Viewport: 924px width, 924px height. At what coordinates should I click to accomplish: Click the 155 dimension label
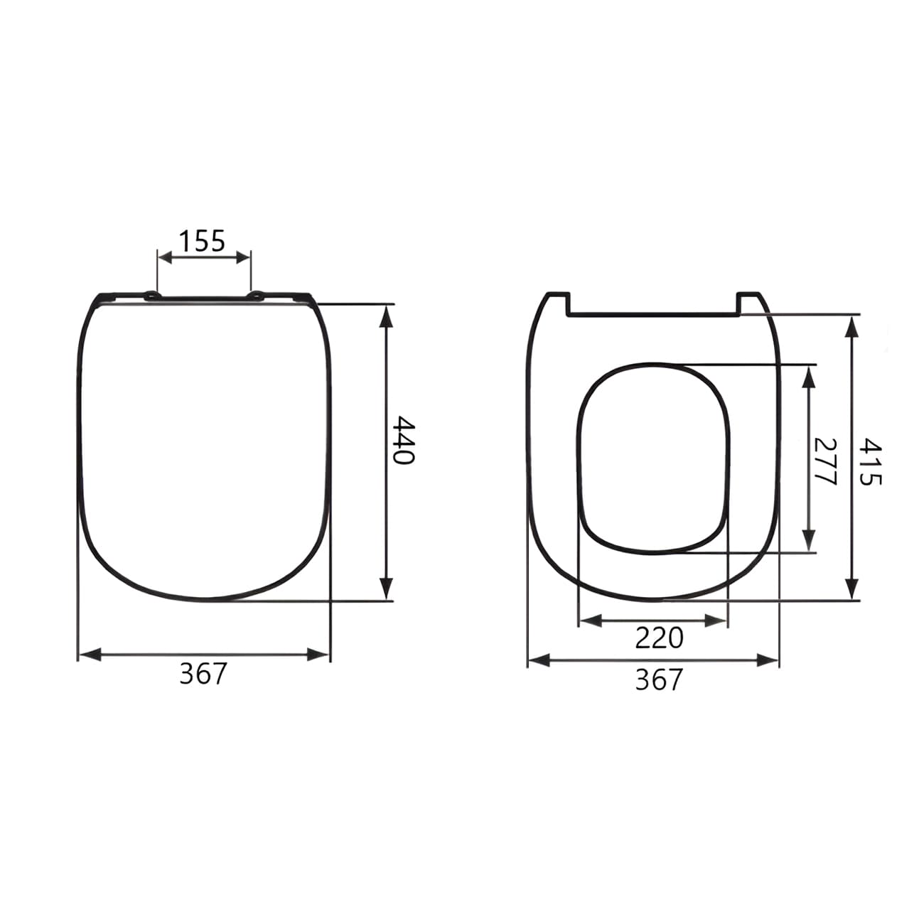point(201,241)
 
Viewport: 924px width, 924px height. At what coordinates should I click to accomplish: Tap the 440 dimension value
point(404,441)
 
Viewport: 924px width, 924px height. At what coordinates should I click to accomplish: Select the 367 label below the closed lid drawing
point(203,674)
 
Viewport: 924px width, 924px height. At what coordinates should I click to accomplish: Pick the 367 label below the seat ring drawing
point(658,680)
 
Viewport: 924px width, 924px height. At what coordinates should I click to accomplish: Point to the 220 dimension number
point(659,638)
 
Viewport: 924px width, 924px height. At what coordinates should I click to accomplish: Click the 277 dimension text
point(825,461)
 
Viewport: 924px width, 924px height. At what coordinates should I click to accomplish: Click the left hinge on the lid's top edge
point(151,296)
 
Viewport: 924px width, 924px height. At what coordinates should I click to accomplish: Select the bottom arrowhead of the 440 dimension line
point(386,590)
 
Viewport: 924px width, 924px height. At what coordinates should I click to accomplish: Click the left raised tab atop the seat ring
point(557,303)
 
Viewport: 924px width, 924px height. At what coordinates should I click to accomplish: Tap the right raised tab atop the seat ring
point(751,301)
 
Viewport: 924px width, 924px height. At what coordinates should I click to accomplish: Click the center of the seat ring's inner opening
point(654,458)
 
